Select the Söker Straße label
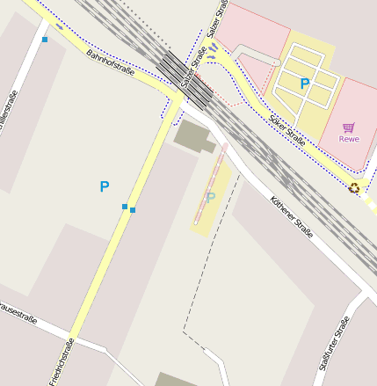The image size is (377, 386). pos(287,128)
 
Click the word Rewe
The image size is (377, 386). pos(349,139)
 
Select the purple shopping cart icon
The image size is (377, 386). pos(349,127)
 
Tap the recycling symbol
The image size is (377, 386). pos(354,186)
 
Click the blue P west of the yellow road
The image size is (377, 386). pos(105,186)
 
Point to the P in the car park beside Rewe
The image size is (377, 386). pos(305,84)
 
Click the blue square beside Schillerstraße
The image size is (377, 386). pos(45,40)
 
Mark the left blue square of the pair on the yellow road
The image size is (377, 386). pos(125,207)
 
